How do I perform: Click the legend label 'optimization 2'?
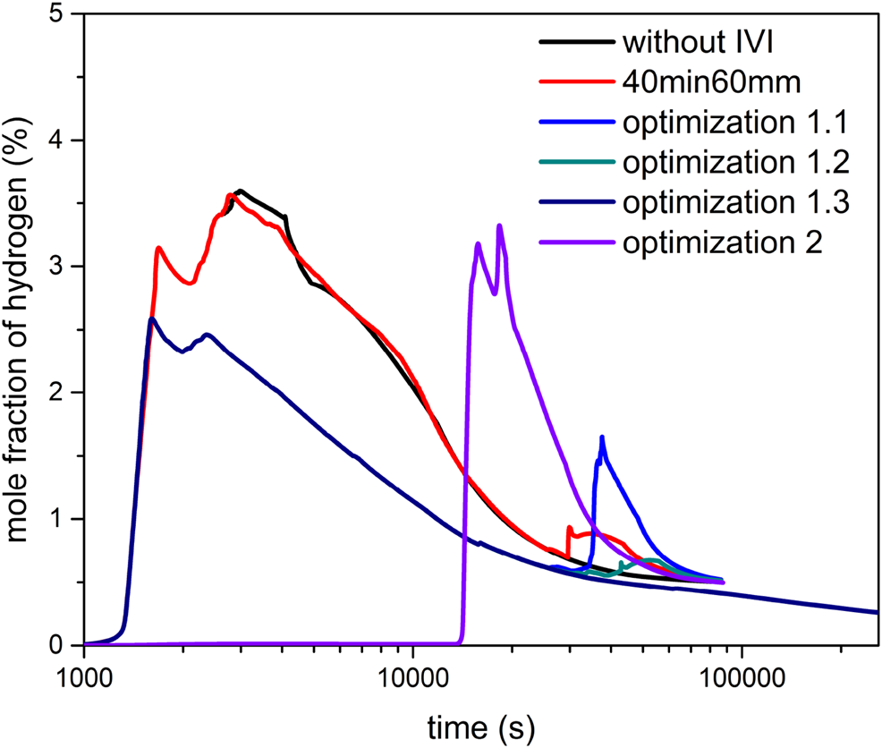coord(722,243)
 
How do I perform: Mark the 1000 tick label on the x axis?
coord(84,674)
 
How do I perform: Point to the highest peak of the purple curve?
coord(499,225)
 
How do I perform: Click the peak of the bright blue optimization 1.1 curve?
coord(602,437)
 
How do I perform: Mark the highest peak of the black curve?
coord(240,191)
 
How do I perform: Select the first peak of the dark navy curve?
coord(152,319)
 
